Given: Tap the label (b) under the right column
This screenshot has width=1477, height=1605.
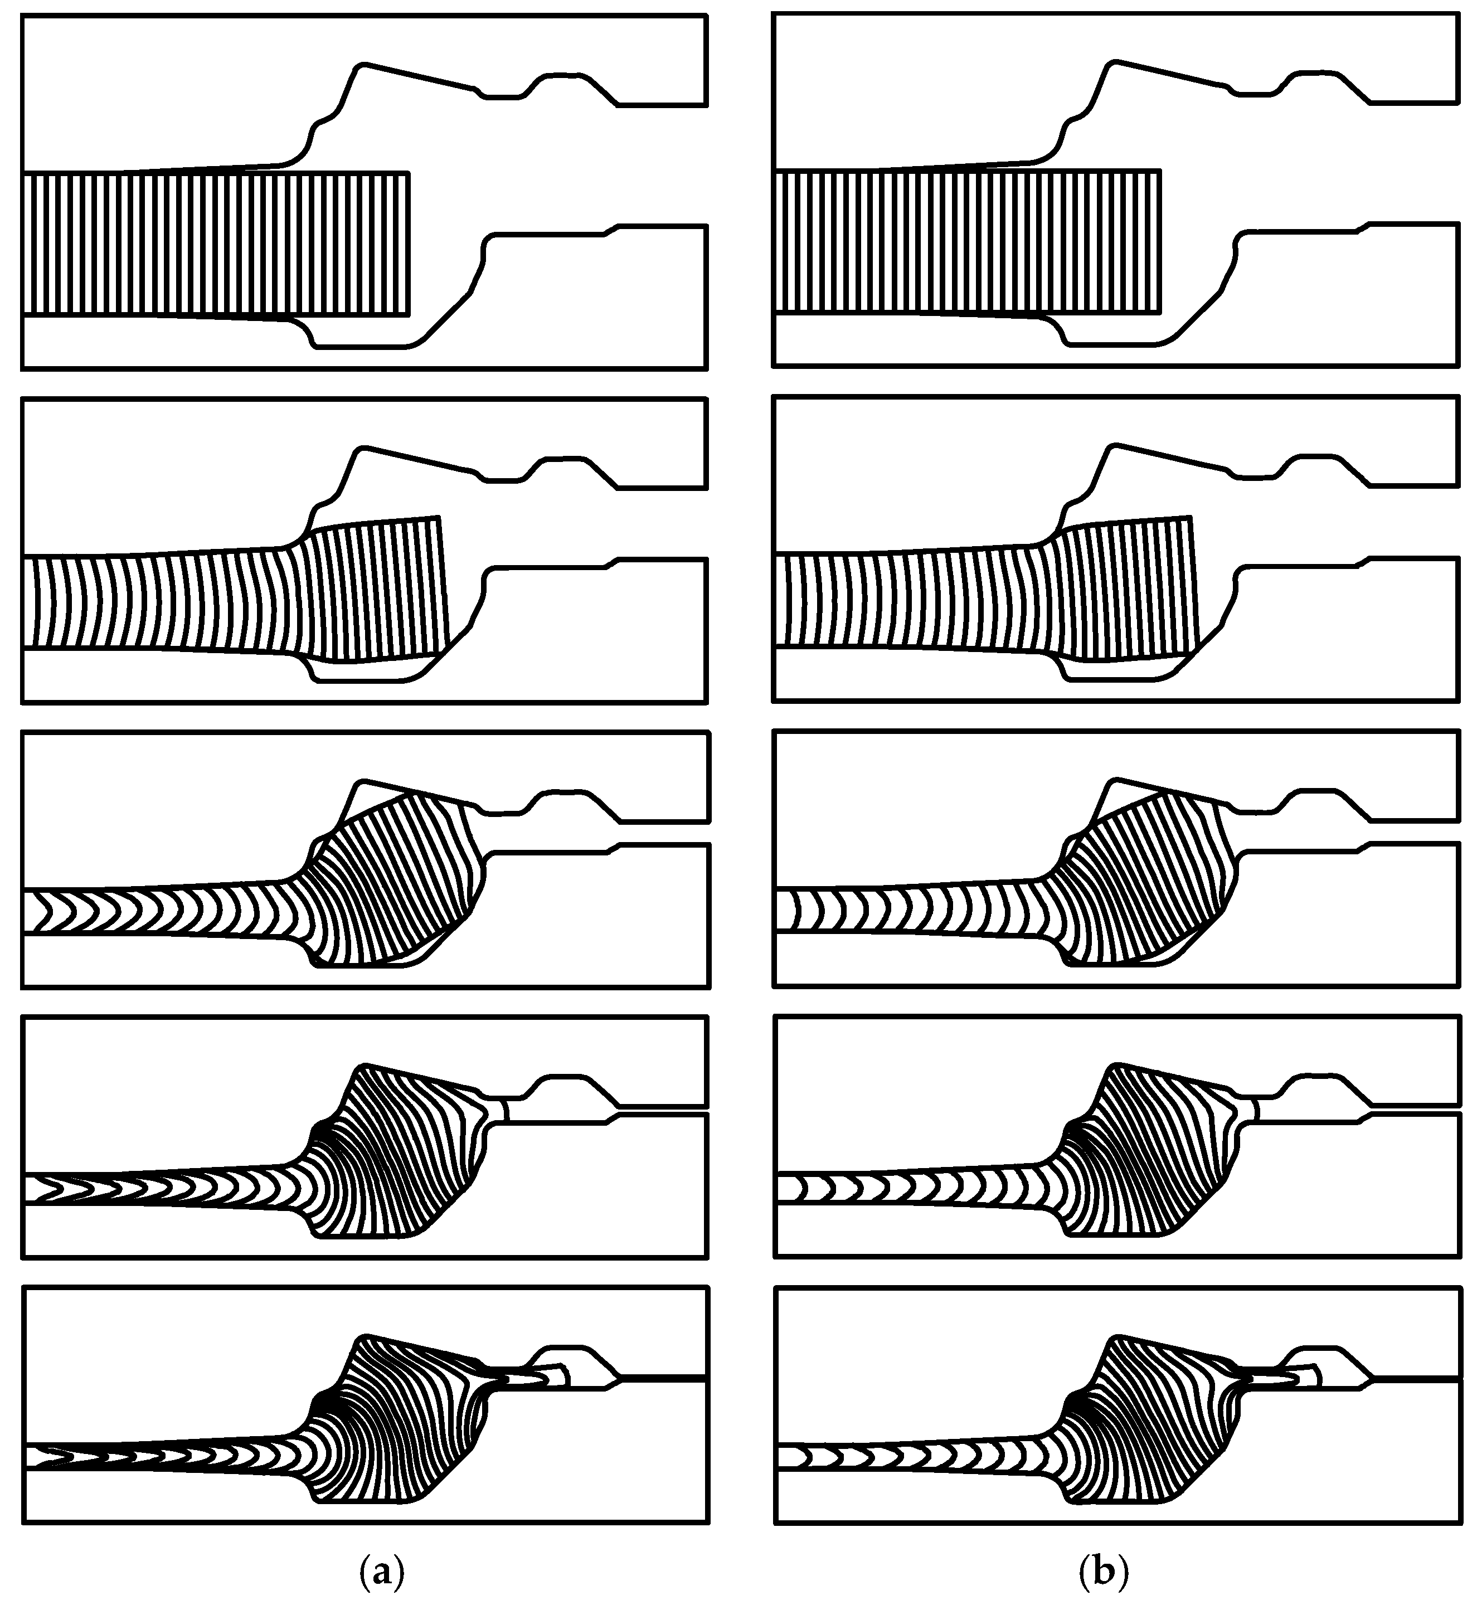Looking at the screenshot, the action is pos(1104,1572).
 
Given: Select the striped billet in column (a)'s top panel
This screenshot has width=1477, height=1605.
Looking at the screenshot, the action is pos(216,243).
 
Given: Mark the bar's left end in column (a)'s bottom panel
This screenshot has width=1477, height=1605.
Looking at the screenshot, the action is pos(29,1456).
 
